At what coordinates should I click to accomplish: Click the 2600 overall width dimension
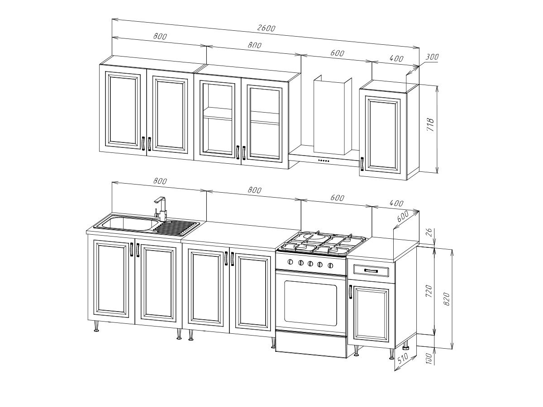266,28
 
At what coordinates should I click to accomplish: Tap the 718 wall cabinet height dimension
430,125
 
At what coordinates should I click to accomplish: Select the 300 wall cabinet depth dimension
432,57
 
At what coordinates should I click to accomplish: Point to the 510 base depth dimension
403,361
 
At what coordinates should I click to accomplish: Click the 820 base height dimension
447,299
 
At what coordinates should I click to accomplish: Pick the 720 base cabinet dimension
429,291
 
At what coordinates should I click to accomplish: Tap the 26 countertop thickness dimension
429,232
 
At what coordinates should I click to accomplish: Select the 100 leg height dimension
429,359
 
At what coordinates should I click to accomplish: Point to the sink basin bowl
129,223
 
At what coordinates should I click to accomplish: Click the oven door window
310,303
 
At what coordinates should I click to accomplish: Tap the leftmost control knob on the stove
291,262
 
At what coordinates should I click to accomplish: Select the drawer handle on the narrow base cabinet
371,271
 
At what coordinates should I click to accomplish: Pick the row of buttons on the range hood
324,161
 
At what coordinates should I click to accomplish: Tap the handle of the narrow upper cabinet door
362,164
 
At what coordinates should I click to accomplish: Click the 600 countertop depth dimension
402,217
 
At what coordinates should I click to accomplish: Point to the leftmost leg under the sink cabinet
96,326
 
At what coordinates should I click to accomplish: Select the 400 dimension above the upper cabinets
396,58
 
